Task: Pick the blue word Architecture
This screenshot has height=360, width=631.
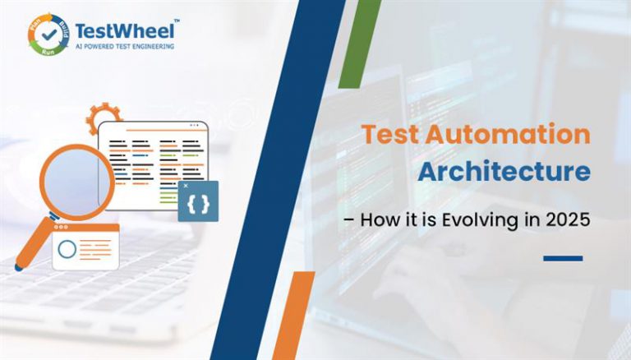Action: coord(504,173)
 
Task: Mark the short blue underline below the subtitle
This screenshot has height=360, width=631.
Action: coord(563,258)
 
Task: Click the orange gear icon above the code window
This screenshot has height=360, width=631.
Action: coord(104,118)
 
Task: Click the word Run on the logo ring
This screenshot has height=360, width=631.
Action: coord(46,53)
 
